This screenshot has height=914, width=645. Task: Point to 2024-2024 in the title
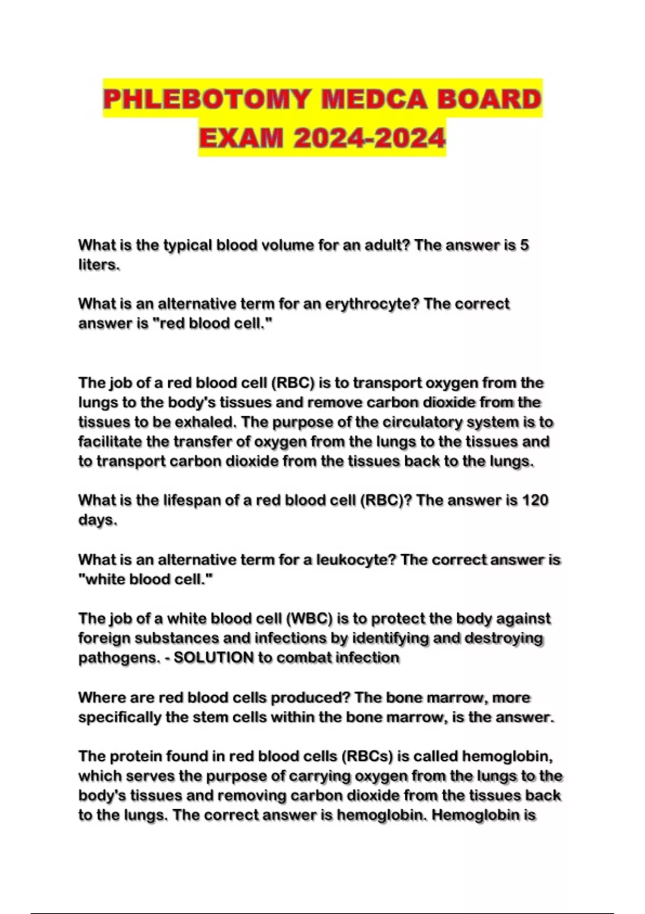(370, 138)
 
